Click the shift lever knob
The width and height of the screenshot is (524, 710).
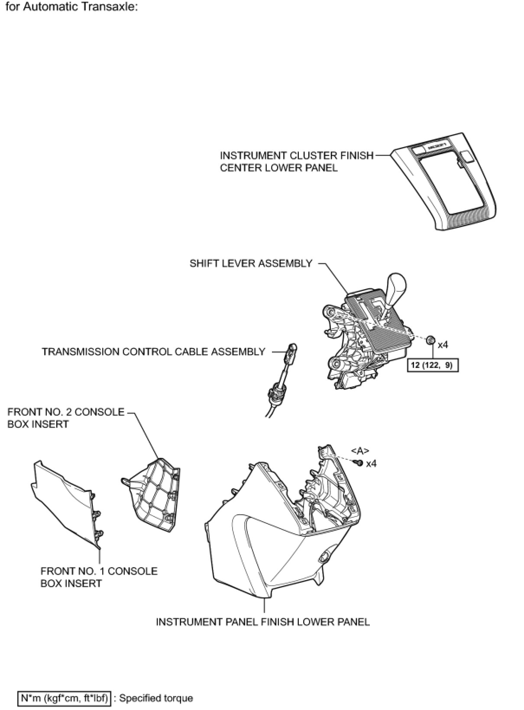coord(397,287)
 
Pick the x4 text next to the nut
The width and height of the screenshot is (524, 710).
coord(443,345)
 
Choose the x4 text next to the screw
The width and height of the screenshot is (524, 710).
coord(371,464)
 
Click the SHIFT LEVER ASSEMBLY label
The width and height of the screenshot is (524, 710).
coord(251,263)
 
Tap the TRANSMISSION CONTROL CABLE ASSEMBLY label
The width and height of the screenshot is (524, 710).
coord(153,352)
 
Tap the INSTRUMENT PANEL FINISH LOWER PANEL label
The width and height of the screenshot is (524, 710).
coord(262,622)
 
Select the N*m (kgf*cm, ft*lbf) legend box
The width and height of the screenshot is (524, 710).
coord(64,698)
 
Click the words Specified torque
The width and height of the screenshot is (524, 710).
coord(156,698)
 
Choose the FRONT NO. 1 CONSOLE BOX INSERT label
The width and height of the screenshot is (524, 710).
coord(99,577)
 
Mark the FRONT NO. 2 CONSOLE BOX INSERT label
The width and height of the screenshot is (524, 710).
coord(66,418)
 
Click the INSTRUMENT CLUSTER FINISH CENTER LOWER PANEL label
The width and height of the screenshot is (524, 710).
coord(296,161)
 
